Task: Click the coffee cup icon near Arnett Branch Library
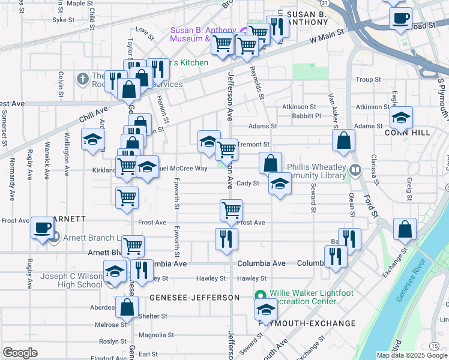(x=42, y=227)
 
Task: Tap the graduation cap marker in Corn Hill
(x=401, y=116)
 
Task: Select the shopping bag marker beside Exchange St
(x=405, y=229)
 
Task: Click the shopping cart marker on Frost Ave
(x=231, y=210)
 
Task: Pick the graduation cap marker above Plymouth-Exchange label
(x=265, y=310)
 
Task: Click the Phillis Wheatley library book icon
(x=355, y=171)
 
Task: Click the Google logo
(x=20, y=353)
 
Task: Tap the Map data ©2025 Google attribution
(x=411, y=355)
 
